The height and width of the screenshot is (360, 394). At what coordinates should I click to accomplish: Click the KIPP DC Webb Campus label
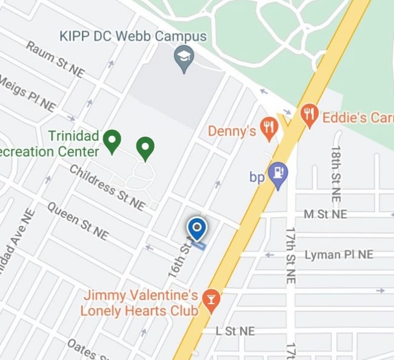pyautogui.click(x=133, y=36)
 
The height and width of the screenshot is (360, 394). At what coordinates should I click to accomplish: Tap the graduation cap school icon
pyautogui.click(x=182, y=58)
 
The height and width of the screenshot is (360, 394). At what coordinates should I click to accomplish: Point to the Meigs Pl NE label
pyautogui.click(x=27, y=93)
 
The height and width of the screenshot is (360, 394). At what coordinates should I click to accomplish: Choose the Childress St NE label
pyautogui.click(x=107, y=188)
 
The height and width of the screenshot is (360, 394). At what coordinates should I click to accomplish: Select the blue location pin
pyautogui.click(x=196, y=228)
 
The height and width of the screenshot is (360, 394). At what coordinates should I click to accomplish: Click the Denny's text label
pyautogui.click(x=232, y=131)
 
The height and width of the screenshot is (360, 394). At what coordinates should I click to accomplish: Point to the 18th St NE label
pyautogui.click(x=336, y=173)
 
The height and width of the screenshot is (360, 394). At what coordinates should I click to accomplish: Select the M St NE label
pyautogui.click(x=326, y=215)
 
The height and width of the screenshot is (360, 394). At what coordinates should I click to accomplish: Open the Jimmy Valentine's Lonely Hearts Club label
pyautogui.click(x=141, y=302)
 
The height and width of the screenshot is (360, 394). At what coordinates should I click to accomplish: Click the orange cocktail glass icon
pyautogui.click(x=212, y=300)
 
